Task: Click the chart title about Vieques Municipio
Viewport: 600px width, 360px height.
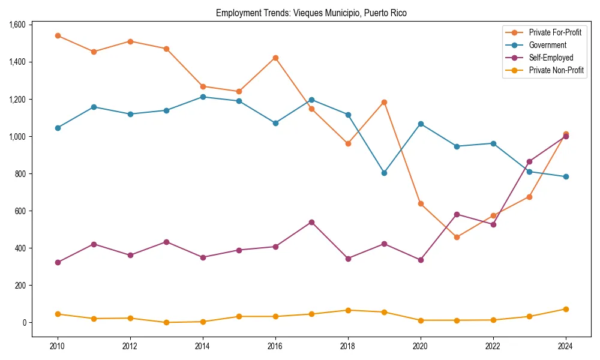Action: point(311,13)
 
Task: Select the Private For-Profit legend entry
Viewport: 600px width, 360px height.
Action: point(556,32)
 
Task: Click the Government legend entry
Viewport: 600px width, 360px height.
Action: point(547,45)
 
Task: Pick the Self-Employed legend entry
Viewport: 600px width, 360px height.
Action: point(551,58)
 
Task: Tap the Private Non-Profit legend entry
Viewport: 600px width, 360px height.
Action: point(556,70)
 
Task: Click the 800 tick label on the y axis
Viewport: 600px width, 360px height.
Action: point(20,174)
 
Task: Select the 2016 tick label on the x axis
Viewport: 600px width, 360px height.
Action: point(275,346)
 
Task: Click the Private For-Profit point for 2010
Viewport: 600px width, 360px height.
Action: point(58,35)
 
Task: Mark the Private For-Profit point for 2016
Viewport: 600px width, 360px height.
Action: point(275,58)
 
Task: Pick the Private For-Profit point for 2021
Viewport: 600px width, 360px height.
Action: point(457,237)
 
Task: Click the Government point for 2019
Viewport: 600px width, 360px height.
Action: point(384,173)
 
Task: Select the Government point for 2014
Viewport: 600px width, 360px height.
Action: point(203,97)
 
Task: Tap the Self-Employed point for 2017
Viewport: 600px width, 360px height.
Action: point(311,222)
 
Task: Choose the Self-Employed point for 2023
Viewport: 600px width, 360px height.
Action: point(529,161)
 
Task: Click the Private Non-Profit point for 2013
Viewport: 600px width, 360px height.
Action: point(166,322)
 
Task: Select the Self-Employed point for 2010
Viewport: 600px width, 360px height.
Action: point(58,262)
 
